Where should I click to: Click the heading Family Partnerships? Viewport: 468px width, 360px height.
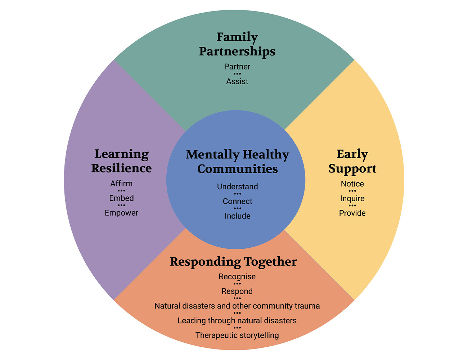[x=237, y=44]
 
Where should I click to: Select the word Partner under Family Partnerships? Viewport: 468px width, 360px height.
[x=237, y=67]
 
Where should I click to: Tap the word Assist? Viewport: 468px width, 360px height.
[x=237, y=81]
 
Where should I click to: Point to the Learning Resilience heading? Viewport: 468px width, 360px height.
[x=121, y=161]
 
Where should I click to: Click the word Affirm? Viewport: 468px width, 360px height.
[x=121, y=184]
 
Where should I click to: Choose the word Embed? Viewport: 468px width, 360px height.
[x=121, y=198]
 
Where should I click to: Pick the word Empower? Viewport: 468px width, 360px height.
[x=121, y=213]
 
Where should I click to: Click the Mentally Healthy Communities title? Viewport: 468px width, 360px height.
[x=238, y=162]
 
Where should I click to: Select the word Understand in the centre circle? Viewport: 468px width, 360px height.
[x=238, y=186]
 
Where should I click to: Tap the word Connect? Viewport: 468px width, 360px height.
[x=238, y=201]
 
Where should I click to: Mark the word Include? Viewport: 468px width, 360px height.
[x=238, y=216]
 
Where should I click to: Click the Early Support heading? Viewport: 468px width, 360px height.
[x=352, y=161]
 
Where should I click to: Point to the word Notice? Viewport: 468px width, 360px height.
[x=352, y=184]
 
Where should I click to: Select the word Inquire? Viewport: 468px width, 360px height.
[x=352, y=198]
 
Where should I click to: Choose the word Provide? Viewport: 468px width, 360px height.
[x=352, y=213]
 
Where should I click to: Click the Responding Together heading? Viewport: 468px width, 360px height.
[x=233, y=262]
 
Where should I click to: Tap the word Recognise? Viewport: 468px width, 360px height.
[x=237, y=277]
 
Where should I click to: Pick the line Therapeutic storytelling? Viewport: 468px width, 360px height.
[x=237, y=335]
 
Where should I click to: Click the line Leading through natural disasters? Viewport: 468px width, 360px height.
[x=237, y=320]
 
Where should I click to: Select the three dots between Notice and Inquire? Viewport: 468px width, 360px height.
[x=352, y=191]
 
